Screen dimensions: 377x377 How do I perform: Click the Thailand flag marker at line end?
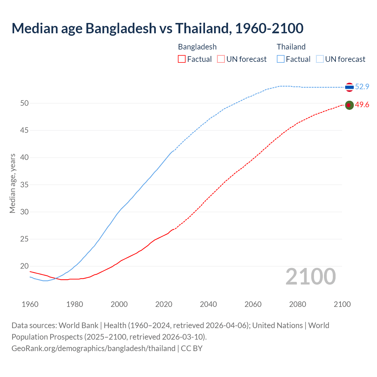tap(349, 87)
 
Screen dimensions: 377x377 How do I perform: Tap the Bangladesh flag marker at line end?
tap(349, 105)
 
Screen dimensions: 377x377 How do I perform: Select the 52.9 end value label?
tap(362, 87)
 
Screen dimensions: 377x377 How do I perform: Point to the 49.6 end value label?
tap(362, 105)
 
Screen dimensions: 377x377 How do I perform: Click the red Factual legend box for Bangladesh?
tap(182, 59)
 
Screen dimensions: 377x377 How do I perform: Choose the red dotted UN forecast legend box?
tap(221, 59)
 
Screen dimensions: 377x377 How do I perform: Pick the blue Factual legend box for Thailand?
tap(281, 59)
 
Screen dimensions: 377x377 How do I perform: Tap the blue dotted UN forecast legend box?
tap(320, 59)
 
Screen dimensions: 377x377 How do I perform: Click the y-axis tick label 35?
tap(24, 185)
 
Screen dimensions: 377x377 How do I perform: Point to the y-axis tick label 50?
tap(24, 103)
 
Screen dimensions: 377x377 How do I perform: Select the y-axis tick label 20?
tap(24, 266)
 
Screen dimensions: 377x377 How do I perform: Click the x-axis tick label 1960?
tap(30, 304)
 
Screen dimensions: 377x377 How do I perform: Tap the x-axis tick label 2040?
tap(208, 304)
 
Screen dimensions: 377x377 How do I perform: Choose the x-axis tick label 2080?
tap(297, 304)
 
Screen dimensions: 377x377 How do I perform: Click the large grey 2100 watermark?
tap(311, 276)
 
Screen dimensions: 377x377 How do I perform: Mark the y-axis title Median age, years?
tap(12, 183)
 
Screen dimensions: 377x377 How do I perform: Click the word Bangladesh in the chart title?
tap(121, 28)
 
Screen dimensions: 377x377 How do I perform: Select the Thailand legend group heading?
tap(291, 47)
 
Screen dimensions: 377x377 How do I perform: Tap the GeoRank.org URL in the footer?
tap(93, 348)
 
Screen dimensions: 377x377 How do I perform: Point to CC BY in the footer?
tap(192, 348)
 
